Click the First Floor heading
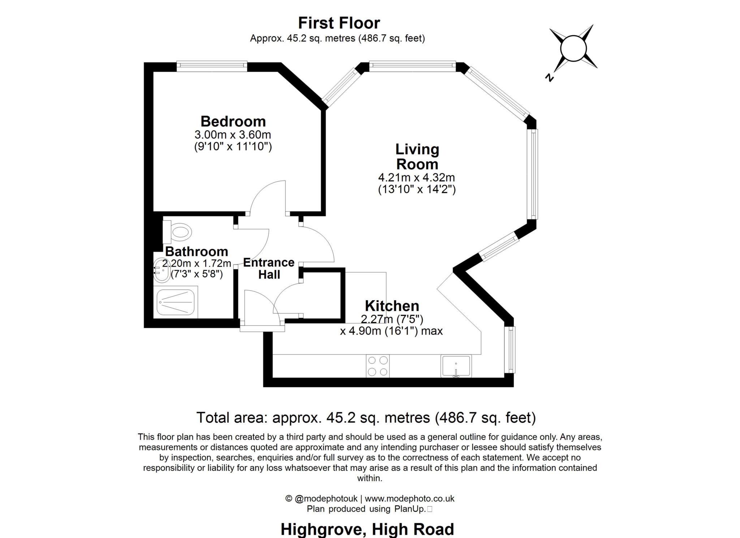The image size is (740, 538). tap(339, 23)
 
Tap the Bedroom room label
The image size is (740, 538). tap(233, 121)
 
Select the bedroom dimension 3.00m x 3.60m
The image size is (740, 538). tap(233, 135)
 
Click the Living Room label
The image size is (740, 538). tap(417, 156)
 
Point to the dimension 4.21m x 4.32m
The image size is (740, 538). tap(416, 178)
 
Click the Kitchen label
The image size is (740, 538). tap(392, 306)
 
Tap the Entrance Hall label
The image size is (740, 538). tap(269, 268)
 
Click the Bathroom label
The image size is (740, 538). tap(196, 251)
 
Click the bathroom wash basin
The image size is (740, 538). tap(162, 270)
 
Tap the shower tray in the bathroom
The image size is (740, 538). tap(176, 302)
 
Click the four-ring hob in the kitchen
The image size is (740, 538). tap(378, 366)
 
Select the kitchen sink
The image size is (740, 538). tap(456, 366)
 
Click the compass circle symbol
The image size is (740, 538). tap(573, 48)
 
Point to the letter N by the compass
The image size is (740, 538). tap(550, 77)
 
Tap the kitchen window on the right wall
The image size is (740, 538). tap(510, 349)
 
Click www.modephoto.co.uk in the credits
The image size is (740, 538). tap(409, 499)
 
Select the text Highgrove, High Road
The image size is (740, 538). tap(367, 529)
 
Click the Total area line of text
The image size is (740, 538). tap(366, 418)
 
